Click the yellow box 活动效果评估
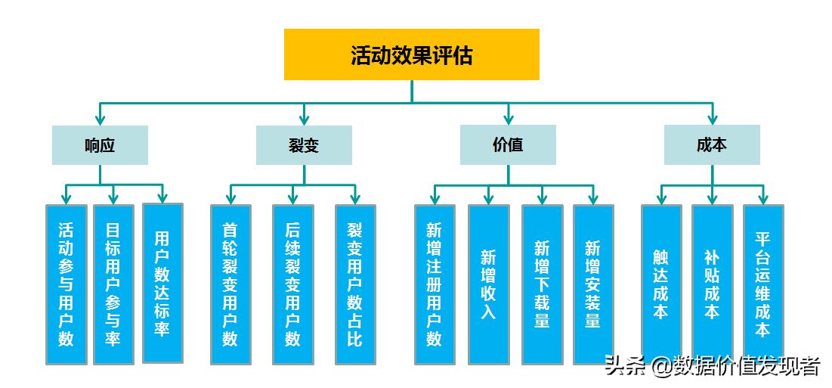(411, 54)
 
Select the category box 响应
(100, 145)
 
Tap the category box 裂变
(304, 145)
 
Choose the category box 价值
(508, 145)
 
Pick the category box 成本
(712, 145)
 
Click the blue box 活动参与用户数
(66, 284)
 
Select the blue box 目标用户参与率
(113, 284)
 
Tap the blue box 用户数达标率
(162, 283)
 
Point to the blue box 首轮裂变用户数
(230, 284)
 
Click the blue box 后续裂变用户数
(293, 284)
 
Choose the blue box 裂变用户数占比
(355, 284)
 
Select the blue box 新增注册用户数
(435, 284)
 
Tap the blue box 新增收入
(489, 284)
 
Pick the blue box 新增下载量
(542, 284)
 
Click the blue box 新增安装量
(593, 284)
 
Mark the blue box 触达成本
(661, 284)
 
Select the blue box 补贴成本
(712, 284)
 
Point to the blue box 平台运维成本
(763, 284)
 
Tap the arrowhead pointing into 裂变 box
(304, 119)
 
